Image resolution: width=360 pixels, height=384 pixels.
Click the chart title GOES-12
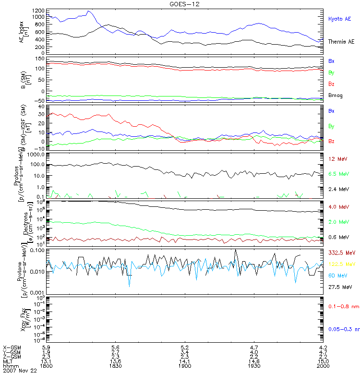coord(180,4)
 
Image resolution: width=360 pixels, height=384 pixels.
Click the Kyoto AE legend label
coord(339,19)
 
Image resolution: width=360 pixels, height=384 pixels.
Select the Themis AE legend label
coord(341,42)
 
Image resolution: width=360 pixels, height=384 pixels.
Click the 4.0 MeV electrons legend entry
coord(338,207)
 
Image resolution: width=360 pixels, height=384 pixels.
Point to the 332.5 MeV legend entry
coord(340,252)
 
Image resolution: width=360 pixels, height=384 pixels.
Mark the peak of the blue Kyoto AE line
coord(88,11)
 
